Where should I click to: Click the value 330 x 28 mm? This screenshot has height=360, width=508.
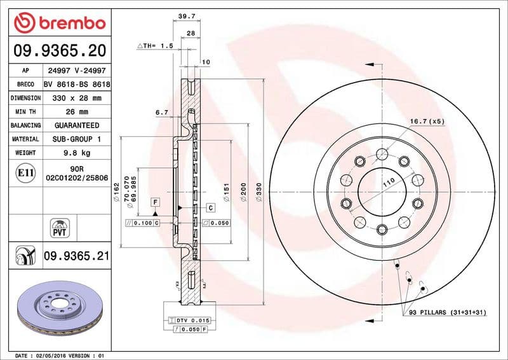click(x=77, y=98)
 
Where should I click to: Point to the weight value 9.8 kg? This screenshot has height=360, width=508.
click(x=77, y=153)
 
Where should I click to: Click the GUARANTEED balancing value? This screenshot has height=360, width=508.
click(x=77, y=125)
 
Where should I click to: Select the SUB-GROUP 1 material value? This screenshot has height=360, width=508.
click(x=77, y=139)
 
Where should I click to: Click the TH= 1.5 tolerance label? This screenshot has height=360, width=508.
click(x=156, y=46)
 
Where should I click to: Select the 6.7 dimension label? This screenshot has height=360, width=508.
click(x=161, y=113)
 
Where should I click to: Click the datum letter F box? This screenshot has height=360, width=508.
click(x=154, y=202)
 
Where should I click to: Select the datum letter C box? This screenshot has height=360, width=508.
click(x=210, y=208)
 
